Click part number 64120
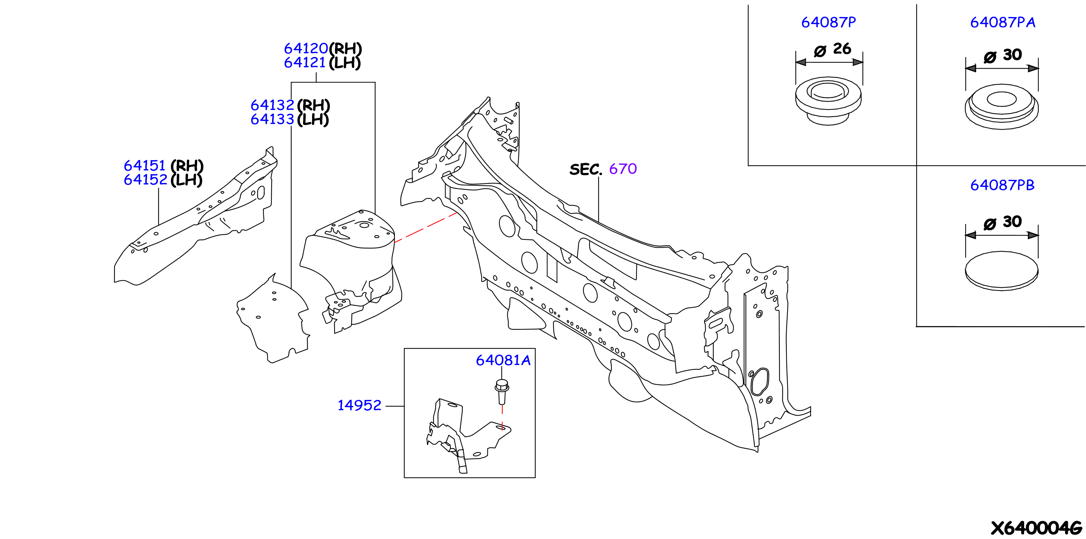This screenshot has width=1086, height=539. coord(306,48)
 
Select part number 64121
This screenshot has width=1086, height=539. coord(305,63)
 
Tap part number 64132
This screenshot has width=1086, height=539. coord(272,105)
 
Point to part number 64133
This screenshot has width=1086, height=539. coord(272,119)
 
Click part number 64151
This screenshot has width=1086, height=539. coord(145,166)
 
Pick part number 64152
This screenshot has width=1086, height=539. coord(145,180)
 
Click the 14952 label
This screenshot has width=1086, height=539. coord(359,405)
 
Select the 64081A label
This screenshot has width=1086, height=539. coord(503,360)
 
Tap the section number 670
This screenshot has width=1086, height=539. coord(623,169)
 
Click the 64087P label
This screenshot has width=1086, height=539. coord(829,22)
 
